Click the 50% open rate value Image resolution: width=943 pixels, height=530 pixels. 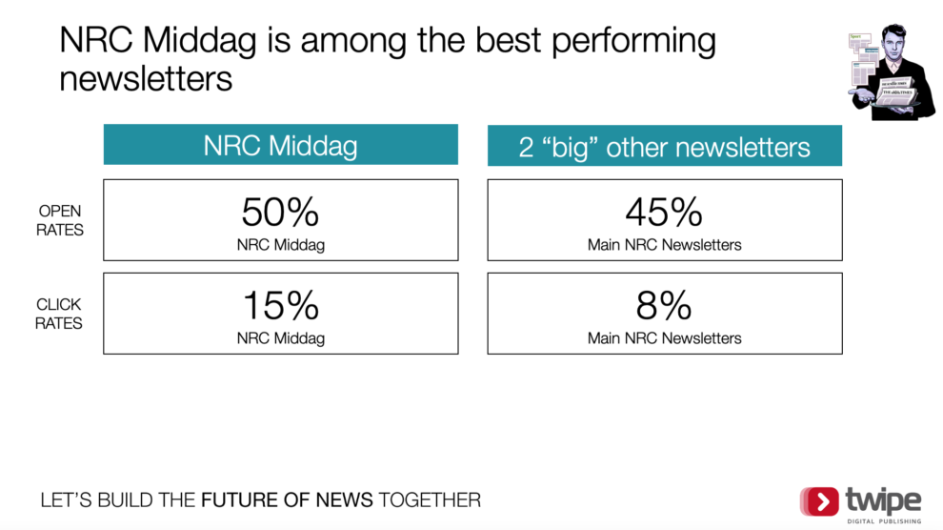280,212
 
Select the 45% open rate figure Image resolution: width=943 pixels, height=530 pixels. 664,212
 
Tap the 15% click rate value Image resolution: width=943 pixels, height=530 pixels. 281,305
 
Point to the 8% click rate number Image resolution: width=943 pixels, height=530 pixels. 664,305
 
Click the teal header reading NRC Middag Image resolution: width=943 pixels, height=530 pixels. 281,144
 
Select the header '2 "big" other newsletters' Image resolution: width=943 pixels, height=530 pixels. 665,146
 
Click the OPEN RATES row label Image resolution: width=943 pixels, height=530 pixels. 60,220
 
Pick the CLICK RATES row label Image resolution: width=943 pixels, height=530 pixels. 58,314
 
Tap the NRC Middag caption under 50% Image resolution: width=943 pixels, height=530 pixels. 281,245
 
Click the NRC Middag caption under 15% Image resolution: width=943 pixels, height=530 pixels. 281,338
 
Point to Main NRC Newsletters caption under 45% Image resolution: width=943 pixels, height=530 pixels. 665,245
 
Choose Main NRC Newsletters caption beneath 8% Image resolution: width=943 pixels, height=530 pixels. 665,338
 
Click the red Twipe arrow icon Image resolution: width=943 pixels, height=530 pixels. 819,501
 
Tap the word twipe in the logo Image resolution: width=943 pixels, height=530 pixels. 883,500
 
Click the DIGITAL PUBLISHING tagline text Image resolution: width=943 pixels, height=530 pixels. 884,521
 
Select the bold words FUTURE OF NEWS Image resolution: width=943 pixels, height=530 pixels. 287,499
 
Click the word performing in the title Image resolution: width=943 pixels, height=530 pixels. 633,42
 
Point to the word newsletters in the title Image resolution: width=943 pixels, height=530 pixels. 146,79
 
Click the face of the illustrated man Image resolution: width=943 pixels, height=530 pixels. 894,43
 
